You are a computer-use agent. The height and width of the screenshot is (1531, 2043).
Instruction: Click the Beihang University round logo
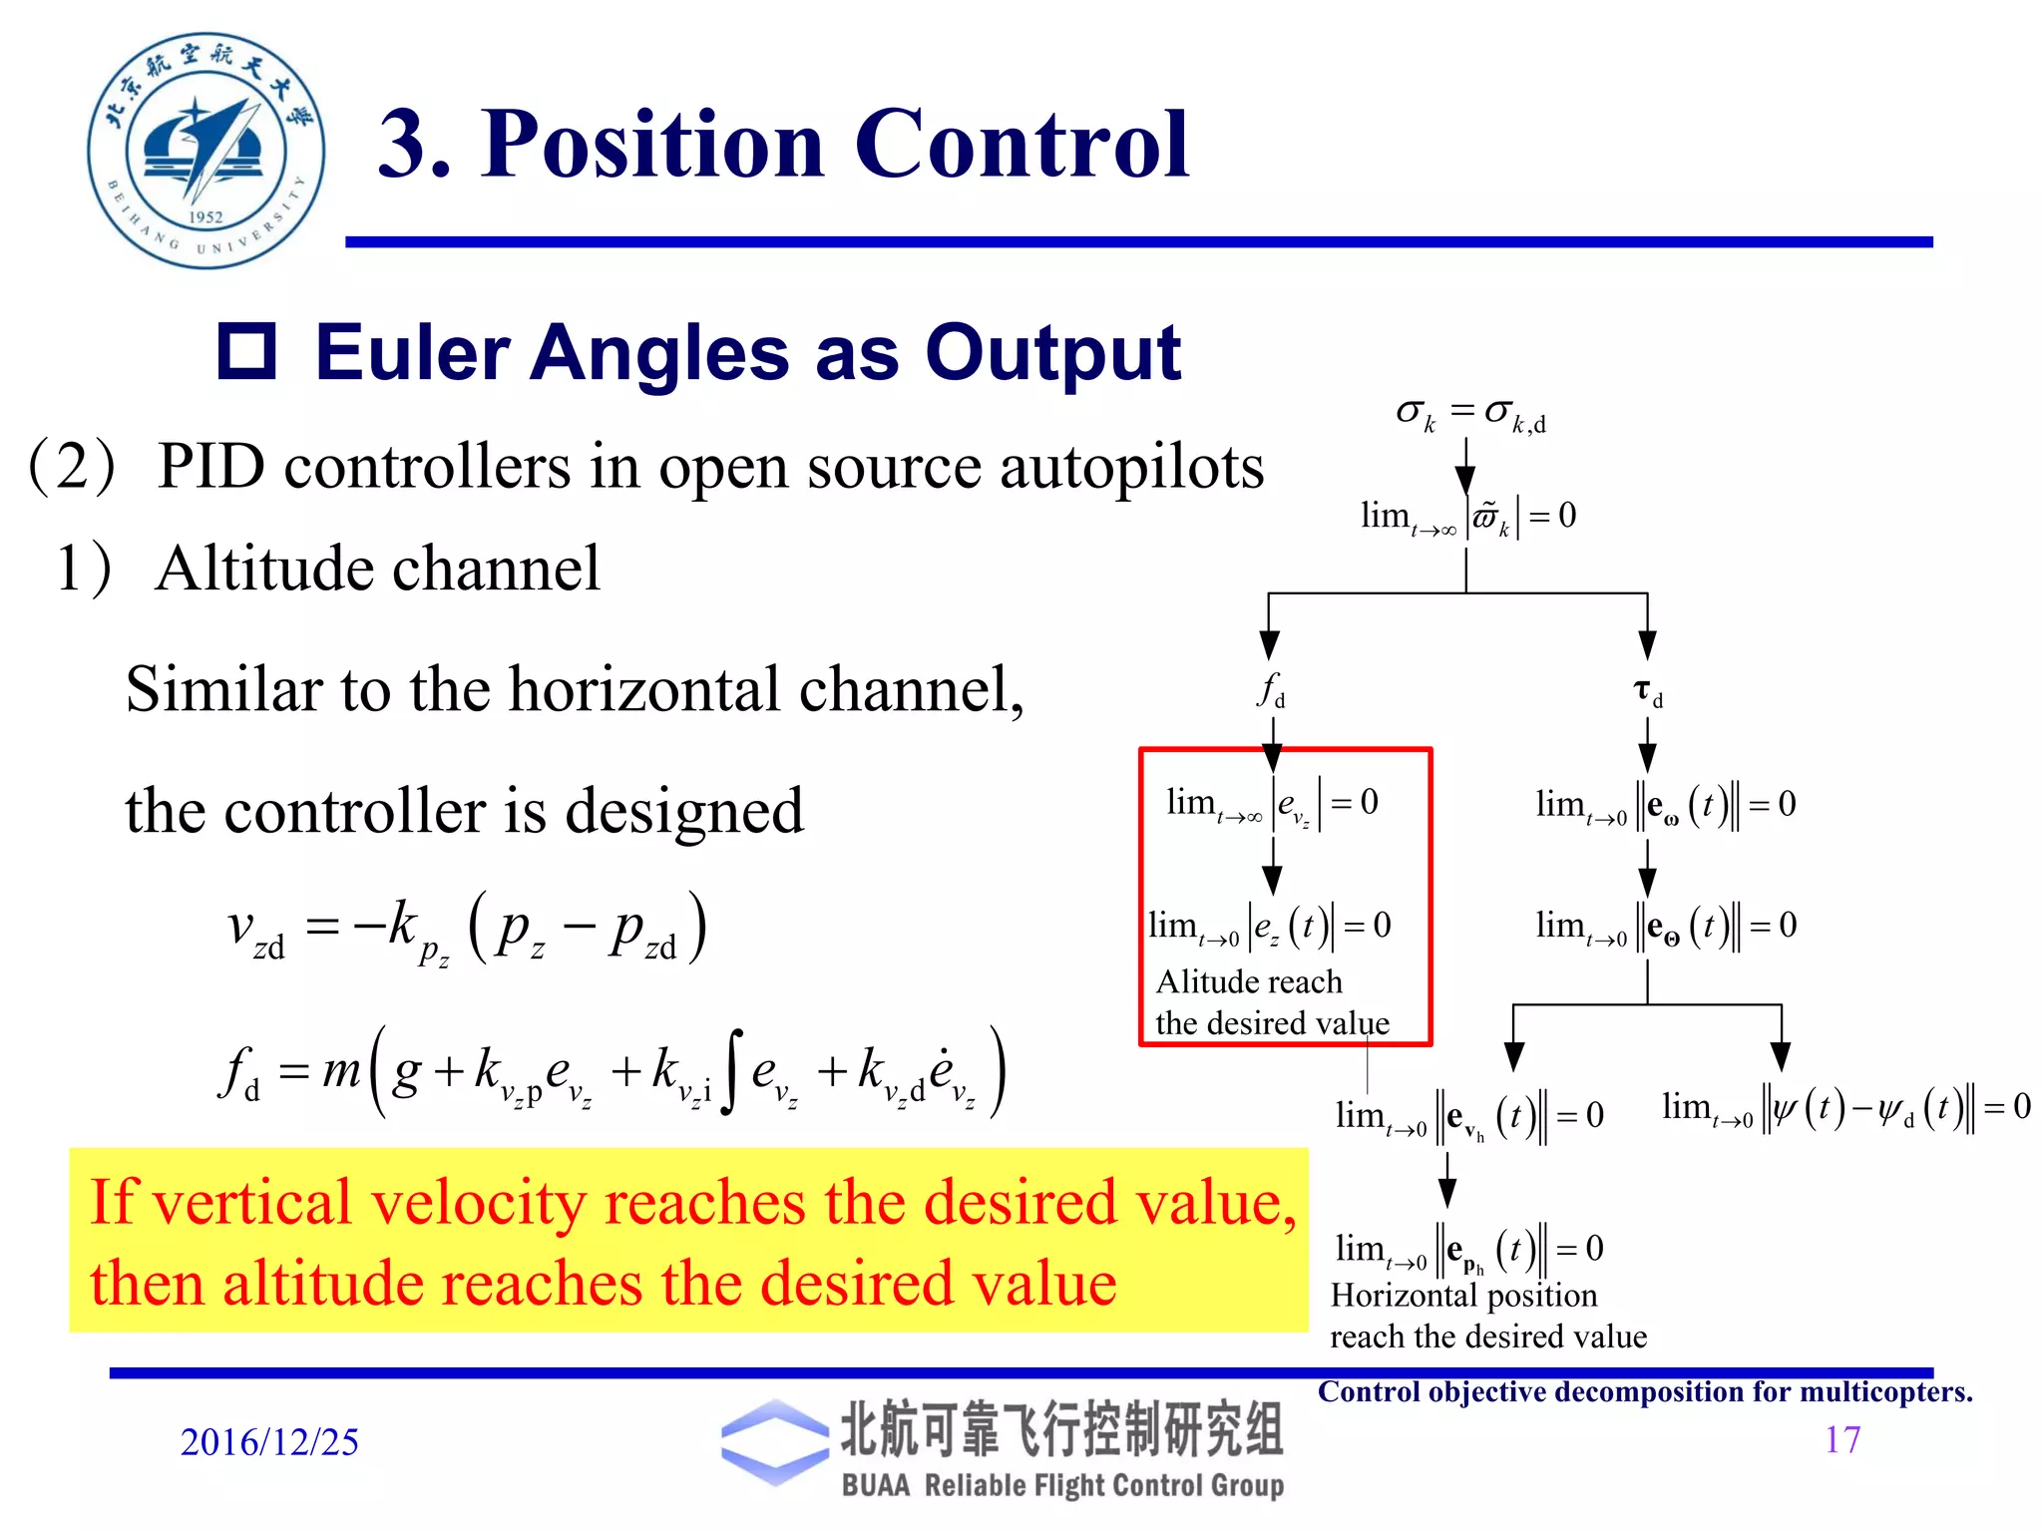205,150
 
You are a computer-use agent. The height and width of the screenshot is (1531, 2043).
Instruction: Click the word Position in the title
652,146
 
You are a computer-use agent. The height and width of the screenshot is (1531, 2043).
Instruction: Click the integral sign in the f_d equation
732,1072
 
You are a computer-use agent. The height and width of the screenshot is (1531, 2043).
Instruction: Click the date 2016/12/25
269,1442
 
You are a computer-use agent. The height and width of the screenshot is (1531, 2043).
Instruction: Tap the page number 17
1841,1439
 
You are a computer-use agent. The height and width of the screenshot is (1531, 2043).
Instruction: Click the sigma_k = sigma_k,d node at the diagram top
1469,413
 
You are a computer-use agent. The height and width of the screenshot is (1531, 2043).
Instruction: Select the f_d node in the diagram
1271,689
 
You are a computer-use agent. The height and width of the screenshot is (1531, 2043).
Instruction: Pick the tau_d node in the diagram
1647,691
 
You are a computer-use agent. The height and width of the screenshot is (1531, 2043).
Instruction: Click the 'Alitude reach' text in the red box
1249,982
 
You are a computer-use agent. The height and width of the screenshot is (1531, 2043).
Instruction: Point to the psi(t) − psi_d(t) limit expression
1845,1107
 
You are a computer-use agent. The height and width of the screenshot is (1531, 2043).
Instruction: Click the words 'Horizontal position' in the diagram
1463,1296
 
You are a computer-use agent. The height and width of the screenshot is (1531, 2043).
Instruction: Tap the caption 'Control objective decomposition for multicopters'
1644,1392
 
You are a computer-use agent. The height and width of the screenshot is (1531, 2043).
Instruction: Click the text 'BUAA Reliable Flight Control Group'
1062,1485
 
